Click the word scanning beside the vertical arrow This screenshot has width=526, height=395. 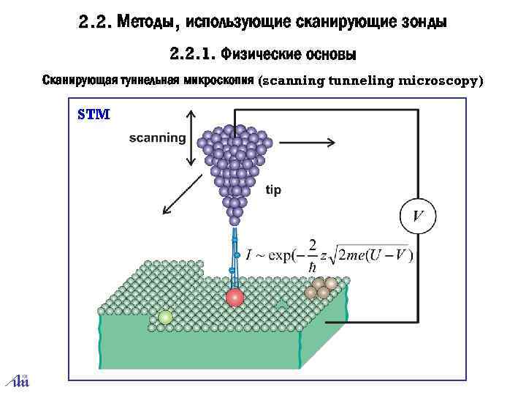coord(157,138)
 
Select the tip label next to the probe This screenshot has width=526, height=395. coord(273,189)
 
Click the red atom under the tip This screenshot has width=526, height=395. coord(235,297)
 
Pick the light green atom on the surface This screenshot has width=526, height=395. coord(166,317)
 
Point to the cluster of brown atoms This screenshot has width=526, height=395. coord(321,288)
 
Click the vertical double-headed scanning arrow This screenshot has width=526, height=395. coord(192,138)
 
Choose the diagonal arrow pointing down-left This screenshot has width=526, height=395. coord(179,197)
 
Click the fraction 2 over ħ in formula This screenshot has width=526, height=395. coord(313,257)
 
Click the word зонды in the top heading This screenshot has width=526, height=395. coord(423,23)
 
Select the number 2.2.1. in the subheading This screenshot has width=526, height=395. coord(192,53)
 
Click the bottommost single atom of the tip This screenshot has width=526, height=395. coord(235,219)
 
